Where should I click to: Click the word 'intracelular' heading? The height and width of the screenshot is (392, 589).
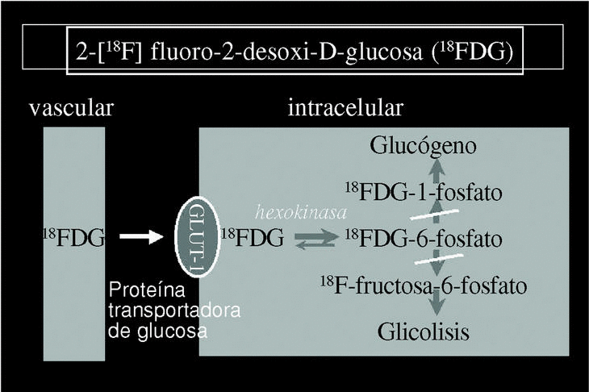click(346, 109)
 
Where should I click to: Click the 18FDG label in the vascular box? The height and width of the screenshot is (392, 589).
click(73, 238)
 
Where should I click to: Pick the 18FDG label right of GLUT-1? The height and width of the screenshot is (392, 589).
click(252, 238)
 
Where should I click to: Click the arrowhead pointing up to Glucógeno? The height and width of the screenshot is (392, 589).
click(436, 168)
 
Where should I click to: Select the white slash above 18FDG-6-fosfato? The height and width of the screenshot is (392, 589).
click(436, 215)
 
